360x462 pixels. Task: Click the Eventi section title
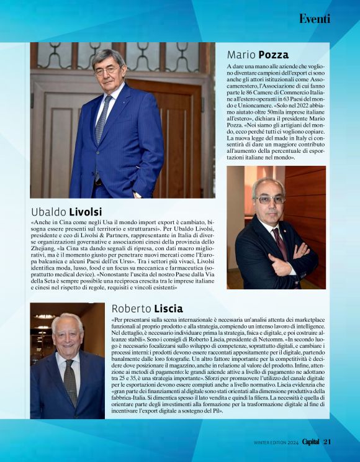(x=314, y=19)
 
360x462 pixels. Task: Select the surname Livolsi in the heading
(x=85, y=212)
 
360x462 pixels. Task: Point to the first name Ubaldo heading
(x=48, y=212)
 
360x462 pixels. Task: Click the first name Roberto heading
(x=130, y=309)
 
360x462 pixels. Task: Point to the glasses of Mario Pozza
(x=270, y=200)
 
